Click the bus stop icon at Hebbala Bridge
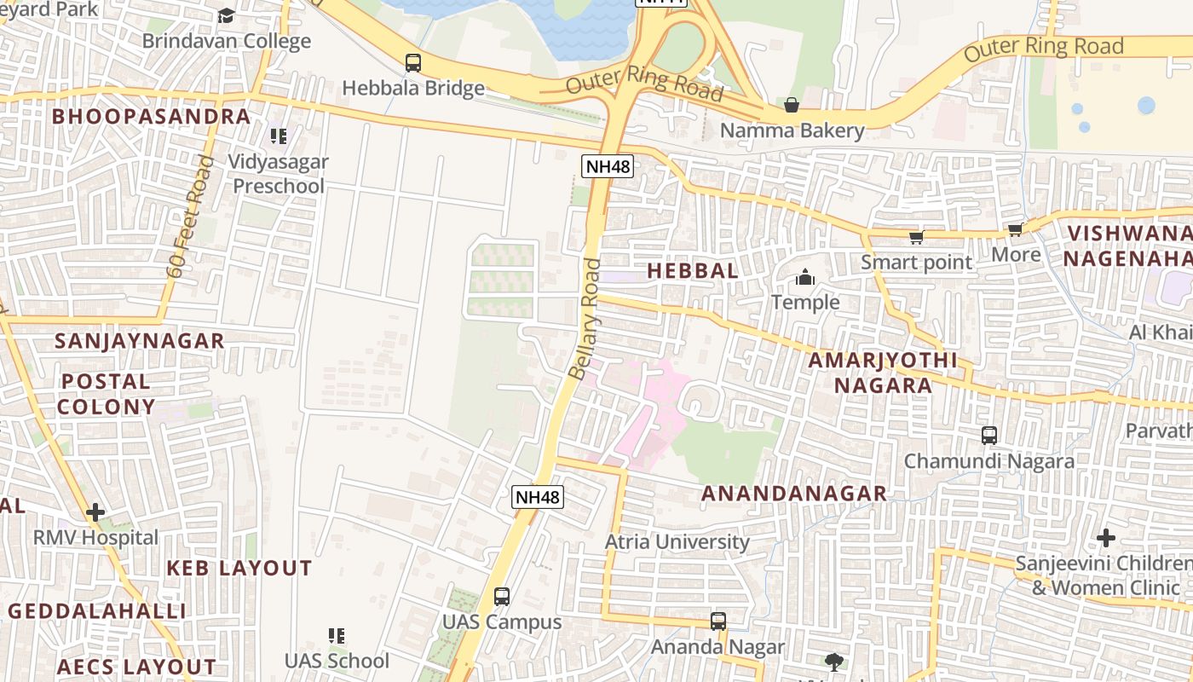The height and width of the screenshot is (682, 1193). pos(413,62)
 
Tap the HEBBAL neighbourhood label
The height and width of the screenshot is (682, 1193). pos(693,271)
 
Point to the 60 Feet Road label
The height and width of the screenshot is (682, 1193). pos(188,217)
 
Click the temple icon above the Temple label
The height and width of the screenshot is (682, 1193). pos(804,277)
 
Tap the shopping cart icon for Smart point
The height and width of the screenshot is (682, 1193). pos(916,237)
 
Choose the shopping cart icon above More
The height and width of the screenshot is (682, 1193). pos(1015,230)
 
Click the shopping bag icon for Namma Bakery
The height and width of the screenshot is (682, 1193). pos(792,105)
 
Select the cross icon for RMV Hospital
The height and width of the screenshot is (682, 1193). pos(95,512)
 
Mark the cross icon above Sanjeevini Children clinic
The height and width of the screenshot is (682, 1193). pos(1106,538)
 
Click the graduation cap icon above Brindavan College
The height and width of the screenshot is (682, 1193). pos(226,16)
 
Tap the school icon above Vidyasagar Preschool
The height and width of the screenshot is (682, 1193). pos(278,136)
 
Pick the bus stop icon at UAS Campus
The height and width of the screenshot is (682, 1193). pos(502,596)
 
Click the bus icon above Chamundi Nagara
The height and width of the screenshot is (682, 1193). pos(988,435)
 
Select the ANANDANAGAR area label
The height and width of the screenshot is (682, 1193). pos(793,494)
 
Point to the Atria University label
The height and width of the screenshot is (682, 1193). pos(677,542)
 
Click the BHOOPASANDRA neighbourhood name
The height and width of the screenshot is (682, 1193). pos(152,117)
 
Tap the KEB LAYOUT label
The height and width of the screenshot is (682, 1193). pos(239,569)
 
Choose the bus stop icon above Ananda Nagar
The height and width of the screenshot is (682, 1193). pos(718,621)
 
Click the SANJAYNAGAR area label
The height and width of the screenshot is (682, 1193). pos(140,341)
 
